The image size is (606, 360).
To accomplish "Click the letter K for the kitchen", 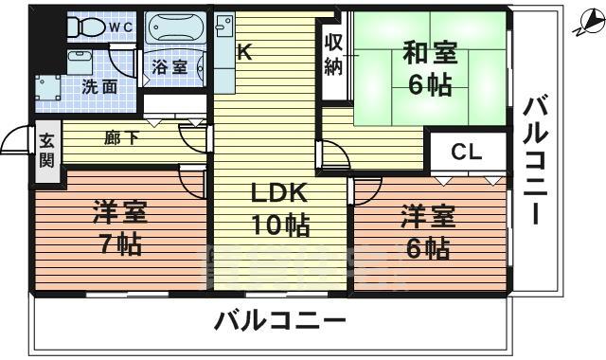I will [243, 54].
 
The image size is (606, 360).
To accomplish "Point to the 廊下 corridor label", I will [120, 138].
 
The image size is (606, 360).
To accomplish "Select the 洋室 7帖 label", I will [120, 228].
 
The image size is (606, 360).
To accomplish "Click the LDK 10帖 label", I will [278, 208].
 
